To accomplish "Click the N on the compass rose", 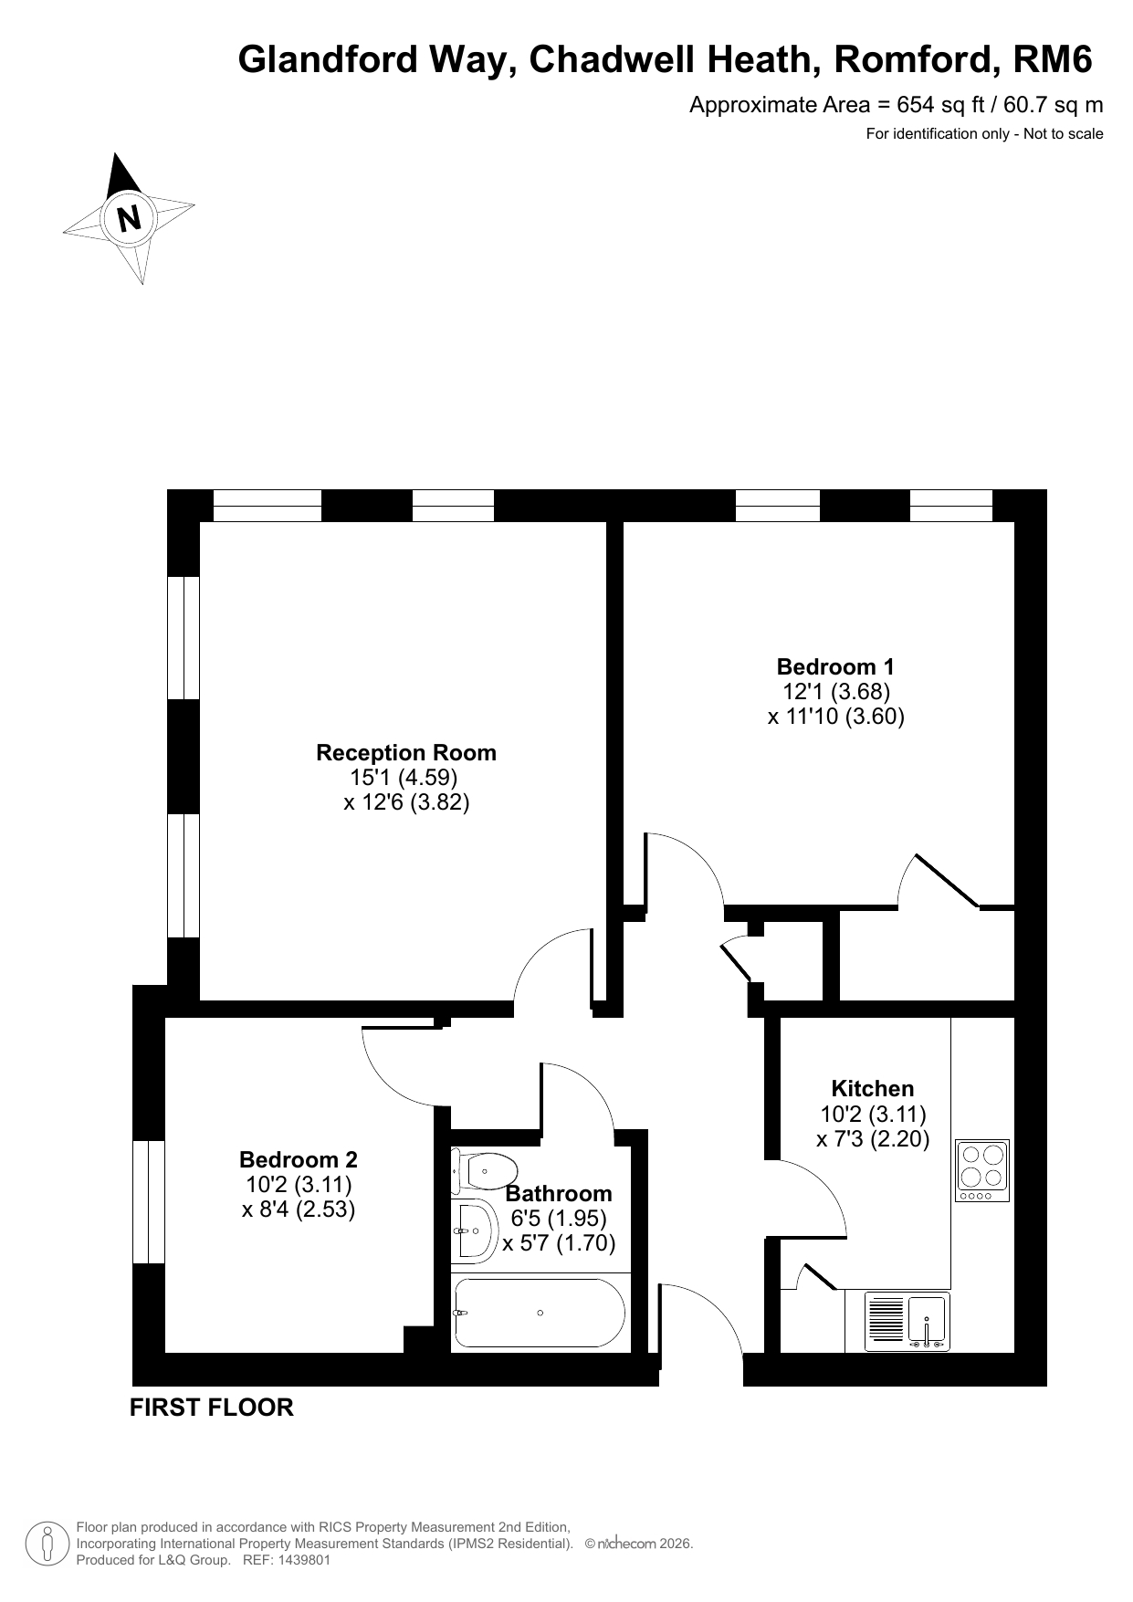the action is tap(130, 219).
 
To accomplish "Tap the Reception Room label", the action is tap(406, 753).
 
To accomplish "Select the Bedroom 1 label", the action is tap(835, 666).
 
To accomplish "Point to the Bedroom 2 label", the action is tap(299, 1159).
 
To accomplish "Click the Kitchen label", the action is tap(873, 1088).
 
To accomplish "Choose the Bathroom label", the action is tap(559, 1193).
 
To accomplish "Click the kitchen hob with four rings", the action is tap(982, 1170).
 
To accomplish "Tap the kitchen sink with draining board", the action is tap(907, 1322).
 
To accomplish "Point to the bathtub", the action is tap(539, 1313).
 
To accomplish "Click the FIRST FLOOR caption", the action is tap(212, 1408).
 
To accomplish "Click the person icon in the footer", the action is tap(47, 1544).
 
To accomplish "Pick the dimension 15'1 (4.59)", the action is tap(404, 778).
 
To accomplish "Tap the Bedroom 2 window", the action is tap(149, 1202).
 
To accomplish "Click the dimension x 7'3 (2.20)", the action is tap(873, 1139).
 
